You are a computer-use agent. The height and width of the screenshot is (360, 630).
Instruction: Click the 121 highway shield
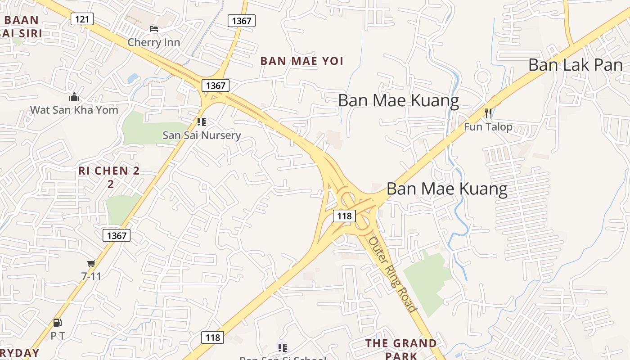click(x=82, y=19)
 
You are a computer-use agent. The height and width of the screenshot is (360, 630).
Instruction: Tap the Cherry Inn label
click(x=153, y=42)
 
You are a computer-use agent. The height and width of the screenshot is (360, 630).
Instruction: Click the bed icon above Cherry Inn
click(x=154, y=29)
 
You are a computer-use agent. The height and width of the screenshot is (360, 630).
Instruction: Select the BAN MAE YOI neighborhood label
click(x=302, y=61)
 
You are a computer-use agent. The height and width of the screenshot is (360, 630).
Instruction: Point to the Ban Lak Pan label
click(x=576, y=65)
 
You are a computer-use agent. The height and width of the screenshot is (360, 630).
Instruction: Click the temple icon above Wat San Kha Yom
click(x=74, y=97)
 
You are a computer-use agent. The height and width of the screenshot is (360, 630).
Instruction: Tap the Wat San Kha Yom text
click(x=74, y=110)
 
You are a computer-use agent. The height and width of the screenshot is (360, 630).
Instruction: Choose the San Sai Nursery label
click(x=202, y=135)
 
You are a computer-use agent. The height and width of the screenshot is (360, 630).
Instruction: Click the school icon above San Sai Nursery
click(x=202, y=121)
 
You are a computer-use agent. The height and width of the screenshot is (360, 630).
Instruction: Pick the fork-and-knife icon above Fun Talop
click(x=488, y=113)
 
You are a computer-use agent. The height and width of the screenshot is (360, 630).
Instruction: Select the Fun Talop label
click(x=488, y=127)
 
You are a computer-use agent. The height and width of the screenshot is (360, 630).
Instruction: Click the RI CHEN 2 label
click(x=109, y=171)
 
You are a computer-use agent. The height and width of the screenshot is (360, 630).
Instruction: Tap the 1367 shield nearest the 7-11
click(x=117, y=235)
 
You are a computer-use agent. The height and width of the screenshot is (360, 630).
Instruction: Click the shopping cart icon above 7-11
click(x=91, y=263)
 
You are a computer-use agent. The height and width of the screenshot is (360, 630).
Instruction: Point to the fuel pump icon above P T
click(x=58, y=322)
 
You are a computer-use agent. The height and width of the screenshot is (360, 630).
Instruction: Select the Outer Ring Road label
click(x=392, y=274)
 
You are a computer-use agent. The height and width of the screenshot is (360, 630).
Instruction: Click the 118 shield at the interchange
click(x=344, y=216)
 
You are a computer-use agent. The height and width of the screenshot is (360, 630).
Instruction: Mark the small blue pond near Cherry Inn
click(x=133, y=78)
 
